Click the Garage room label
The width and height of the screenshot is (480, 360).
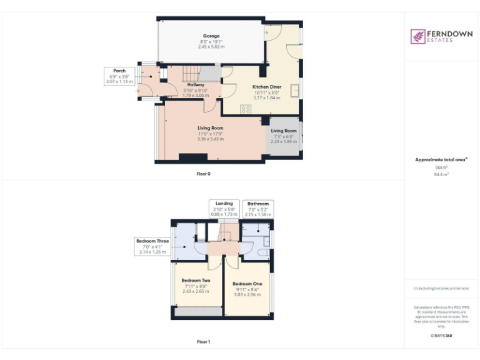click(x=211, y=36)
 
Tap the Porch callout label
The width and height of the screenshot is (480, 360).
click(x=119, y=71)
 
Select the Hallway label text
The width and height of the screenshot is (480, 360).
click(x=196, y=84)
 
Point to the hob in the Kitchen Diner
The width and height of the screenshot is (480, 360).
click(x=245, y=109)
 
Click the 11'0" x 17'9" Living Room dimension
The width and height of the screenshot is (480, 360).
click(x=210, y=133)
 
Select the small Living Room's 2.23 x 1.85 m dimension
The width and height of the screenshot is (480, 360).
click(x=284, y=142)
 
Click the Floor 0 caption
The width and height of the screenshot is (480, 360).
click(x=203, y=174)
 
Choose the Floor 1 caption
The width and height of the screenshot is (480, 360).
click(x=203, y=342)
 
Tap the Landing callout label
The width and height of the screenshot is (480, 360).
click(x=224, y=204)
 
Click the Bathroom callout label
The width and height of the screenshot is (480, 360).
click(x=257, y=204)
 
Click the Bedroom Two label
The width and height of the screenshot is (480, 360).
click(x=196, y=281)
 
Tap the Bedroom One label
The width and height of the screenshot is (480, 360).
click(x=247, y=284)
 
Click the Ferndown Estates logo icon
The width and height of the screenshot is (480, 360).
click(x=417, y=37)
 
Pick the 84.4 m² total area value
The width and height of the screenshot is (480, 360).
click(x=441, y=175)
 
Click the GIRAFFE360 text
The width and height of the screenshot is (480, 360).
click(x=441, y=336)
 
